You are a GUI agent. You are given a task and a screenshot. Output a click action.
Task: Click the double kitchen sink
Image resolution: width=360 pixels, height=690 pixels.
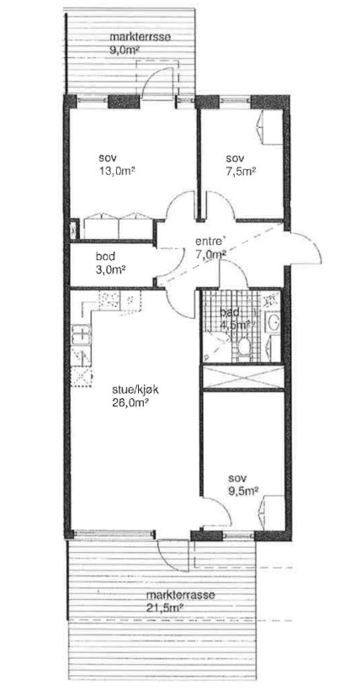pyautogui.click(x=81, y=334)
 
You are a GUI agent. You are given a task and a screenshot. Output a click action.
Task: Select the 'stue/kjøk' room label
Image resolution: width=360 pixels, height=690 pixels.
pyautogui.click(x=128, y=389)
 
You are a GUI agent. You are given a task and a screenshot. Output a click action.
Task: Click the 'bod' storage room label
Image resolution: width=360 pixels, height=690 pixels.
pyautogui.click(x=106, y=256)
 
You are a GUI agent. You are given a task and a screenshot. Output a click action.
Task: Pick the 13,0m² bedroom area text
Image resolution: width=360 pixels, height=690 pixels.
pyautogui.click(x=117, y=170)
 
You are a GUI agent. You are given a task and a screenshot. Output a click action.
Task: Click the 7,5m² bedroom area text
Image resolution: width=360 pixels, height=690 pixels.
pyautogui.click(x=241, y=171)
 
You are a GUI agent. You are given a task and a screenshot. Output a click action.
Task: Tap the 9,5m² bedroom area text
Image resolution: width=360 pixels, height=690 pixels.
pyautogui.click(x=243, y=491)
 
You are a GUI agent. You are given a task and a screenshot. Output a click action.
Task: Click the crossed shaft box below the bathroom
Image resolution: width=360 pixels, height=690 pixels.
pyautogui.click(x=243, y=377)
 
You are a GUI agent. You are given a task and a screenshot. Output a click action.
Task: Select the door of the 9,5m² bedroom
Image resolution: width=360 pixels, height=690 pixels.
pyautogui.click(x=216, y=512)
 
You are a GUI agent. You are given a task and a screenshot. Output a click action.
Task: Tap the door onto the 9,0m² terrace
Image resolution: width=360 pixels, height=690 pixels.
pyautogui.click(x=157, y=82)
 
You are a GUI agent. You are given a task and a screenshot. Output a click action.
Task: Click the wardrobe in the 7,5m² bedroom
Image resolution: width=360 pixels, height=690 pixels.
pyautogui.click(x=269, y=127)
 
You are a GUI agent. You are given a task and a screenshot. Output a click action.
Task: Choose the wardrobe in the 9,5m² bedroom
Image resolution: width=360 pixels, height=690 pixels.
pyautogui.click(x=271, y=512)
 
